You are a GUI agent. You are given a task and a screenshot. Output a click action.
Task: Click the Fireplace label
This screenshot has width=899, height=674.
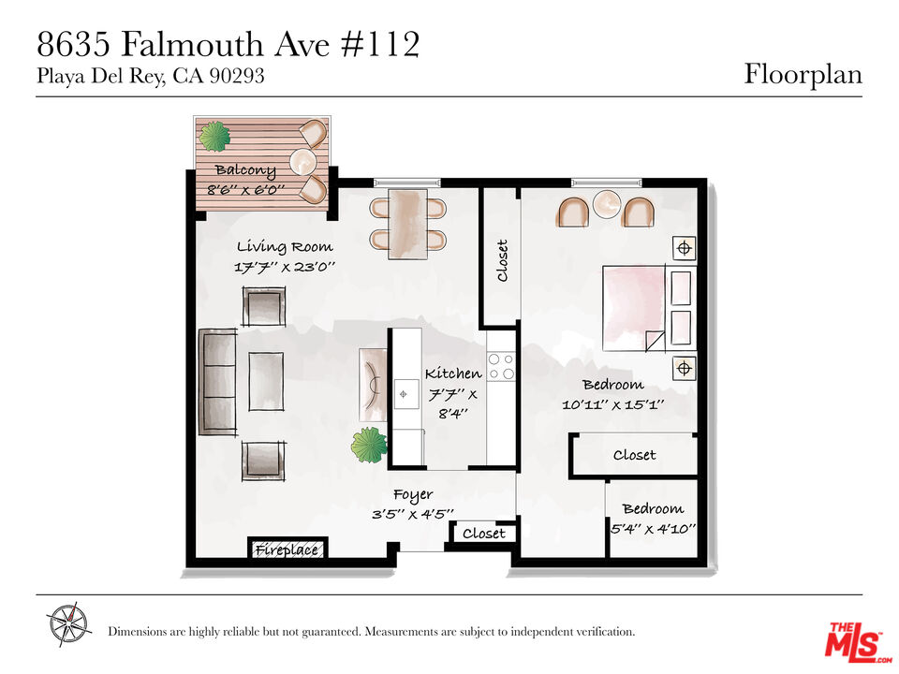tap(287, 550)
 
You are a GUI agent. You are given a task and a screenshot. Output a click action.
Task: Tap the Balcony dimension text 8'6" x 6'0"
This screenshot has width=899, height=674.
tap(245, 190)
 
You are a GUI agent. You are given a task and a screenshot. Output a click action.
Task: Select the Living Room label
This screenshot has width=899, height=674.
tap(285, 247)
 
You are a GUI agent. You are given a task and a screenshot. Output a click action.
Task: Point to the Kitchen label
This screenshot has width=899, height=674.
tap(453, 374)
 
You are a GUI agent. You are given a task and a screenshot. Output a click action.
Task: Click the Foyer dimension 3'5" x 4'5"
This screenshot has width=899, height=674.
tap(413, 514)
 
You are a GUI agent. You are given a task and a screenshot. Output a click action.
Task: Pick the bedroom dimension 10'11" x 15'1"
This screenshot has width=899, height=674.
tap(612, 404)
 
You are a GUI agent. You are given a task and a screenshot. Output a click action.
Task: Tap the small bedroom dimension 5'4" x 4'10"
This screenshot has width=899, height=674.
tap(653, 528)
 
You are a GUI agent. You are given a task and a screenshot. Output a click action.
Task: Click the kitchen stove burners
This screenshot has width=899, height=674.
tap(501, 366)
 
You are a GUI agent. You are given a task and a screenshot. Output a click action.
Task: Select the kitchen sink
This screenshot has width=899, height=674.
tap(405, 394)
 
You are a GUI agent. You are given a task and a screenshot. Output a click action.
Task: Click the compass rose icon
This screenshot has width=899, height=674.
tap(68, 624)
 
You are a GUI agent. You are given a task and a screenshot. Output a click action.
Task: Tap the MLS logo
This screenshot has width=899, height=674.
tap(855, 639)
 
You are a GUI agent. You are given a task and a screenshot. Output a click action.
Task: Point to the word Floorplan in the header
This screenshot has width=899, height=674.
tap(803, 75)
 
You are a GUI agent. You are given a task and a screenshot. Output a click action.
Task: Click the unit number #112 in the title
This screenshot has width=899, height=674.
tap(380, 45)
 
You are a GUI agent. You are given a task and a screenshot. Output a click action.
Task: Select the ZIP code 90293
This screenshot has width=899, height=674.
tap(237, 76)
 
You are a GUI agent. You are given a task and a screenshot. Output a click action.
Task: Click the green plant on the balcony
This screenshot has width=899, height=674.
tap(214, 137)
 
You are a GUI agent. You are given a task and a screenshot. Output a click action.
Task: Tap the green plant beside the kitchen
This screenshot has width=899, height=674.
tap(369, 445)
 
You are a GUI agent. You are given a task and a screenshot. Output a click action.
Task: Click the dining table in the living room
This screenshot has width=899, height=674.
tap(407, 224)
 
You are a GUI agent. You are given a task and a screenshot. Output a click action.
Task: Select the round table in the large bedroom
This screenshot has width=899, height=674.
tap(607, 205)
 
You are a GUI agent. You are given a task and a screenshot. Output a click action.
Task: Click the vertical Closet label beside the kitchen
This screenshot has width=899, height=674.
tap(502, 261)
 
